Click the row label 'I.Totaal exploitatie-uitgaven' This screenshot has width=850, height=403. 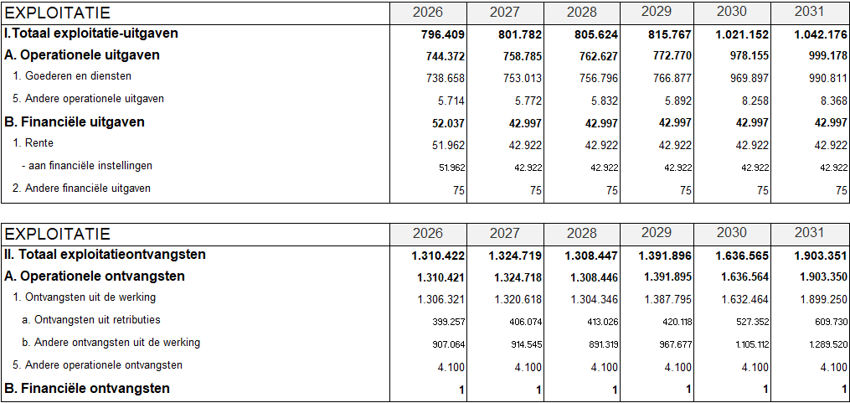91,34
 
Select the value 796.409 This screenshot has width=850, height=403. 443,35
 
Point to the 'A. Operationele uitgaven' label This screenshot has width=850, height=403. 82,55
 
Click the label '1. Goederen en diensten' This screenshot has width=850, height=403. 72,76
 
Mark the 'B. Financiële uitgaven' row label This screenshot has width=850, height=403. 75,122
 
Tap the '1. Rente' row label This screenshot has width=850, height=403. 33,143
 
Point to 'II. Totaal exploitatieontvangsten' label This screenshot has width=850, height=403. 105,255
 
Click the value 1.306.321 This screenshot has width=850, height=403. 441,299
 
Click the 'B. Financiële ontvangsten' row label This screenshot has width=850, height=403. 87,389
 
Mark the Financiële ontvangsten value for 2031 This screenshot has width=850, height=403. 843,390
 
